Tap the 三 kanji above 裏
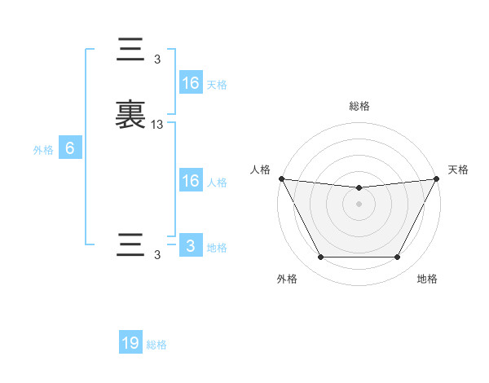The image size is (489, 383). click(130, 51)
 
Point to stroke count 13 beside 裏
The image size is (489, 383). click(157, 125)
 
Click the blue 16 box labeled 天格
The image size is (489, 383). click(190, 83)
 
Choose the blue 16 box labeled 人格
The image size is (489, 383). click(190, 181)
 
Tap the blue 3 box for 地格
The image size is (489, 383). click(190, 246)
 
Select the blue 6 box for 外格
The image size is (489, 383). click(70, 148)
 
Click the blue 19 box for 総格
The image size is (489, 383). click(130, 343)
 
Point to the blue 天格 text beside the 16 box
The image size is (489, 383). click(217, 85)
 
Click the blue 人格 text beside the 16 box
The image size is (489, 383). click(217, 183)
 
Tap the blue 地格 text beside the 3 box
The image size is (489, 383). click(217, 248)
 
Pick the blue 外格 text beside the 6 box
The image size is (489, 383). click(43, 150)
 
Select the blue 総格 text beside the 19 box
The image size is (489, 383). click(156, 345)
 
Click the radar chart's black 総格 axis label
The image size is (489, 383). click(359, 106)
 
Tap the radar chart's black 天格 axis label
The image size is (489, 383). click(459, 169)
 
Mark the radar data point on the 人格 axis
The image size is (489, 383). click(281, 178)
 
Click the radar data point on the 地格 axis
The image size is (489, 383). click(398, 258)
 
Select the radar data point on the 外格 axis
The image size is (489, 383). click(320, 258)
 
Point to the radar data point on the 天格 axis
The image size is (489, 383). click(436, 178)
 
